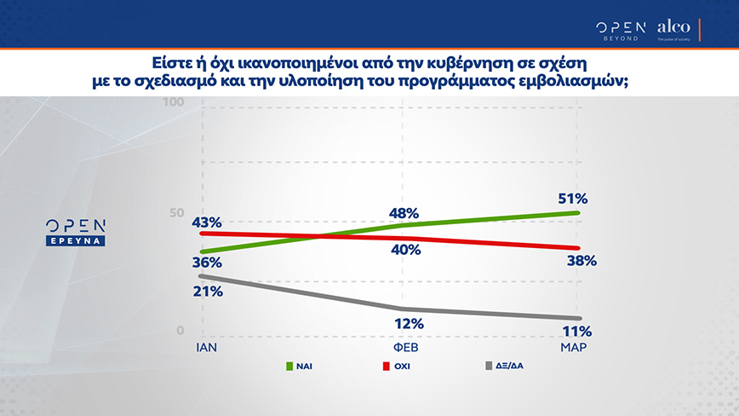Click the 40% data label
405,250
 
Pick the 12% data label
405,323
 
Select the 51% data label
574,199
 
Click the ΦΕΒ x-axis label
406,350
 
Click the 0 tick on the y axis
180,331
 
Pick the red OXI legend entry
402,367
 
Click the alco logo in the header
673,30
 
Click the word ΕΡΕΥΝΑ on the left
76,241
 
